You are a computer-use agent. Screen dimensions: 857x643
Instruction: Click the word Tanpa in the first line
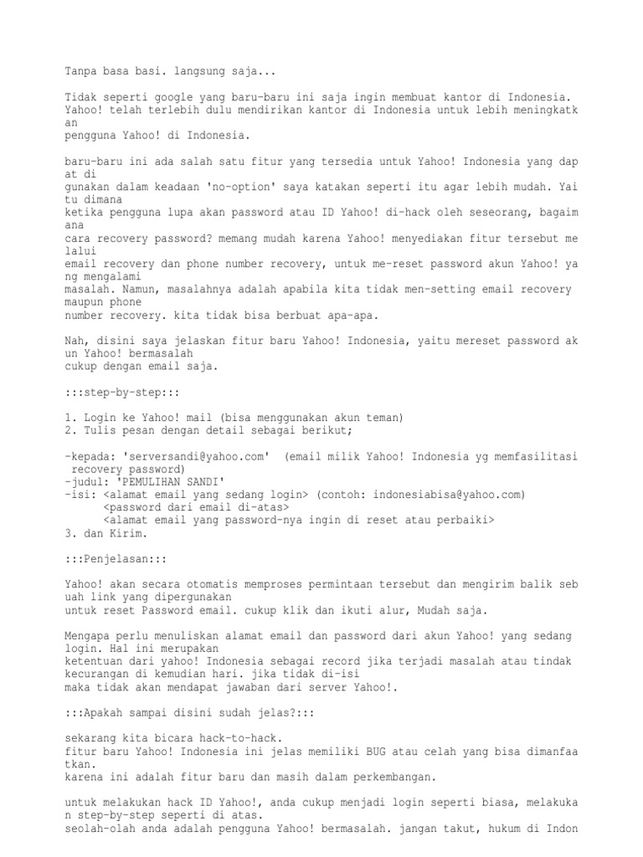tap(81, 71)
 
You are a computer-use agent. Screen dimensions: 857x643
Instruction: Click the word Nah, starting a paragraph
tap(78, 341)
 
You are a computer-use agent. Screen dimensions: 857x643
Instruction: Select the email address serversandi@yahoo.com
tap(198, 456)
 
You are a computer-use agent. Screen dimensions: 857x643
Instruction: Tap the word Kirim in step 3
tap(131, 532)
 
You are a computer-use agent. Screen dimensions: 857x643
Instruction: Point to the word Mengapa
tap(87, 635)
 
